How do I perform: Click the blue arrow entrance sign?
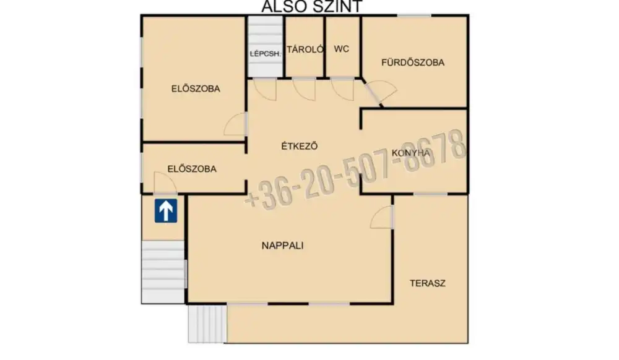[x=166, y=210]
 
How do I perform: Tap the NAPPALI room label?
[x=283, y=246]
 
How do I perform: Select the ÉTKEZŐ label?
[x=299, y=146]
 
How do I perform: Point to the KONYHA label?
[x=411, y=153]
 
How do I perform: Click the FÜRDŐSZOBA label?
[x=412, y=62]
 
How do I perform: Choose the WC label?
[x=342, y=49]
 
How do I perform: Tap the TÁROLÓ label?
[x=305, y=49]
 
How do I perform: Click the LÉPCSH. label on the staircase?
[x=266, y=54]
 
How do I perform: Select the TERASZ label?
[x=428, y=283]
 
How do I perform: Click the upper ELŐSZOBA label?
[x=196, y=88]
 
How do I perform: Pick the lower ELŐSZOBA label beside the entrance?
[x=192, y=169]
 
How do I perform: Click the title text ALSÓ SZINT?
[x=312, y=7]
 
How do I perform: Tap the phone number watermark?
[x=355, y=169]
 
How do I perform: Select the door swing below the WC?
[x=343, y=89]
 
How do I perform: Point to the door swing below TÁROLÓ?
[x=305, y=89]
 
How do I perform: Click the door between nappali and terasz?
[x=382, y=217]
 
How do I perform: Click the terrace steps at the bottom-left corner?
[x=207, y=324]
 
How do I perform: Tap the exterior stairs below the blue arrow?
[x=163, y=272]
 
